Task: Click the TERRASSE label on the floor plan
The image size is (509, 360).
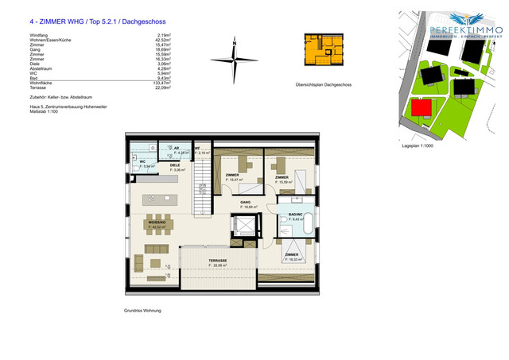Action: [218, 261]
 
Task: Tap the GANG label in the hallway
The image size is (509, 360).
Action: [247, 203]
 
